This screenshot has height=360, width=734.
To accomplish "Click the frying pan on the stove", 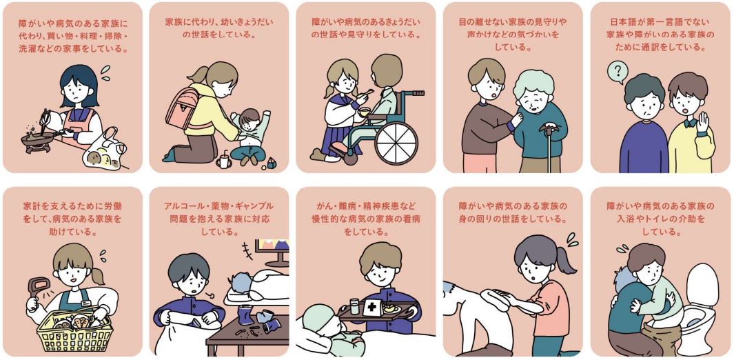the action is click(x=37, y=138).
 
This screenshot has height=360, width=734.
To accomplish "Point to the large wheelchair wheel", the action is click(x=396, y=142).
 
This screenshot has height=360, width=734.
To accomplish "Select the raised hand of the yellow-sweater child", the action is click(x=703, y=123).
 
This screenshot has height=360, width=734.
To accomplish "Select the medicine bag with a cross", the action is click(x=373, y=306).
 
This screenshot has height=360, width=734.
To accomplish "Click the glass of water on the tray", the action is click(x=354, y=307).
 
